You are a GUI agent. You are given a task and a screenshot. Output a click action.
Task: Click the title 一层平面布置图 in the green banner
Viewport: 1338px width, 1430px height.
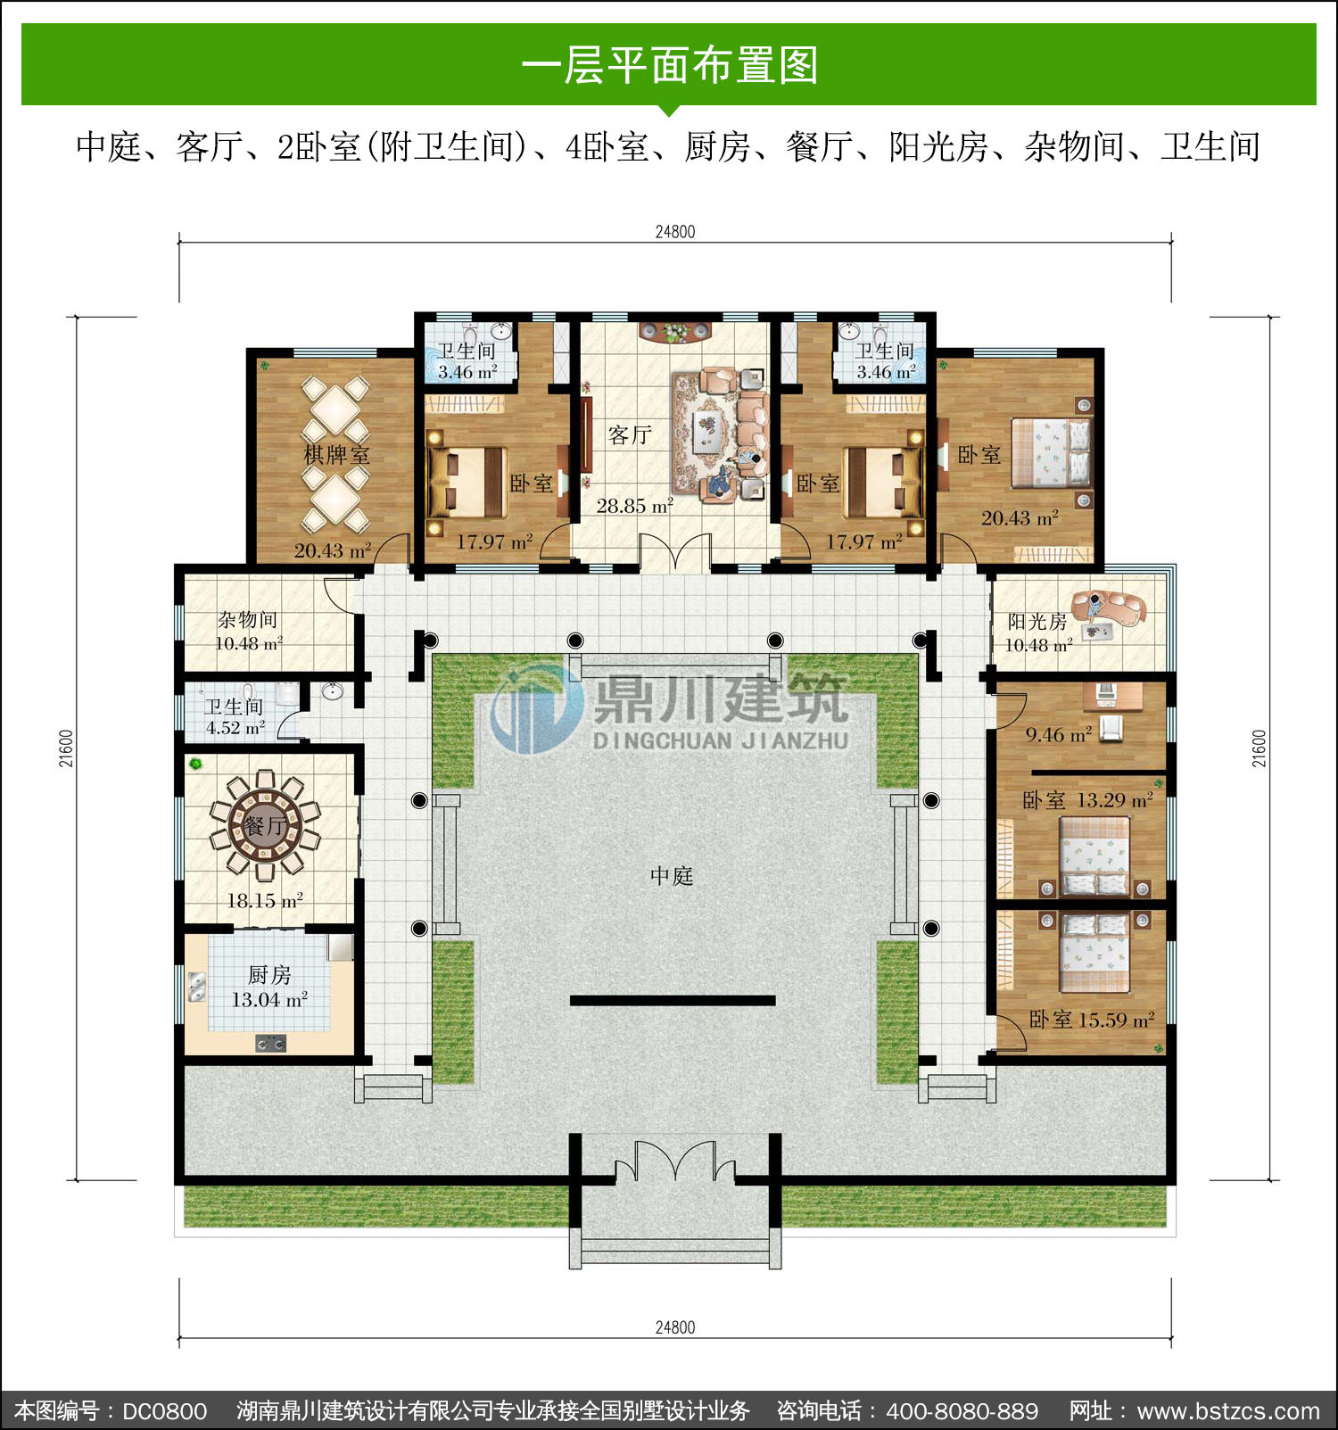[x=669, y=65]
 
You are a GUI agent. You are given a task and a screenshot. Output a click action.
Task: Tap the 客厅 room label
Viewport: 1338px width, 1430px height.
[x=630, y=435]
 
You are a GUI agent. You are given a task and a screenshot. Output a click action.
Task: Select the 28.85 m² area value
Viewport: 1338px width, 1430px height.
[x=634, y=506]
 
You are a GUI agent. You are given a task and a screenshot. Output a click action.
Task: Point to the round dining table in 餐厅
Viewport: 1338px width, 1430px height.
[x=265, y=825]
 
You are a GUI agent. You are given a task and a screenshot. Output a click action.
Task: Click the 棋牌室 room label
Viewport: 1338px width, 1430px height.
[x=336, y=455]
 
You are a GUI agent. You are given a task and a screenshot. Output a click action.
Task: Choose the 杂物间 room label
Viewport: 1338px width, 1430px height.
[x=248, y=619]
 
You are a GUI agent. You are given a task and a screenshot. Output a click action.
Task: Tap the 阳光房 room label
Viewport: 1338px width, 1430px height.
[x=1037, y=622]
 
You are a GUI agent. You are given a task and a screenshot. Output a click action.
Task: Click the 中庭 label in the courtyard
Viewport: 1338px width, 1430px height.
[x=671, y=876]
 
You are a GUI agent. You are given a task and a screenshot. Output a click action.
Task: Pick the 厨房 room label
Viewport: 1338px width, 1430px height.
[x=268, y=975]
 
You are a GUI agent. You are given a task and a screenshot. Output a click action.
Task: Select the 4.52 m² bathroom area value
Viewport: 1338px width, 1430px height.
[x=235, y=728]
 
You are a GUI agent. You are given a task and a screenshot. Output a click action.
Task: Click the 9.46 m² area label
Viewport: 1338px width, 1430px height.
[x=1058, y=735]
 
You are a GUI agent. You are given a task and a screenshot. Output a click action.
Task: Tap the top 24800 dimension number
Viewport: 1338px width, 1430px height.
[x=675, y=232]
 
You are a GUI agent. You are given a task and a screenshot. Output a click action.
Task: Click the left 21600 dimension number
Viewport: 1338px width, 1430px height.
[x=66, y=748]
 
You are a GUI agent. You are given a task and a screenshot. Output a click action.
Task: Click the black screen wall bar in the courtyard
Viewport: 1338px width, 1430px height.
[x=673, y=1001]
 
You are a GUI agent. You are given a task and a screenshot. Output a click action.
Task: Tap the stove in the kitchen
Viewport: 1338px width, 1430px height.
[x=271, y=1042]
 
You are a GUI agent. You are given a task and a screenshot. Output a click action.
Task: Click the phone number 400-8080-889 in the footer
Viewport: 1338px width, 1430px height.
[x=962, y=1411]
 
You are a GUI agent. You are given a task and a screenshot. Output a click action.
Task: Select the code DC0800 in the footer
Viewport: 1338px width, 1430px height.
[x=164, y=1411]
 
